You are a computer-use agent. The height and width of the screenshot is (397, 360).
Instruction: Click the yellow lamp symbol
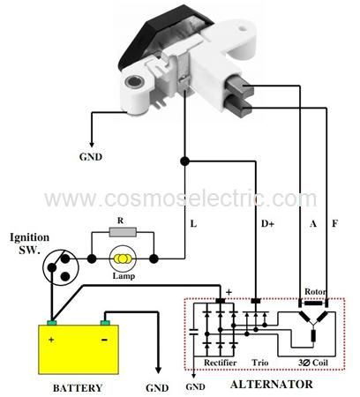coord(123,258)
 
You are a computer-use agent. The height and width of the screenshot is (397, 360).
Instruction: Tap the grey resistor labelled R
coord(123,232)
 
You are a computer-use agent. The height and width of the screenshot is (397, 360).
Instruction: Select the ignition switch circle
coord(60,266)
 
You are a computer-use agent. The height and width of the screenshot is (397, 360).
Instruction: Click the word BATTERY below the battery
coord(78,388)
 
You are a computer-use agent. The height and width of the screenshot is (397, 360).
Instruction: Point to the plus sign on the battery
coord(51,340)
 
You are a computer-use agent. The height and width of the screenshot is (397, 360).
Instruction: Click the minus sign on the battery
coord(104,340)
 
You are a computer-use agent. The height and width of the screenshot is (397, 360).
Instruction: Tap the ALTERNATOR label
coord(272,385)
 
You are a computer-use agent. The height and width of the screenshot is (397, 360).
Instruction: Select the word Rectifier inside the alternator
coord(221,363)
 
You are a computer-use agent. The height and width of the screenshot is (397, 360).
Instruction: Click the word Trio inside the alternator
coord(260,363)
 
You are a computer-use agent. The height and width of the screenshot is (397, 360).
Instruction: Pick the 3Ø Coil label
coord(313,363)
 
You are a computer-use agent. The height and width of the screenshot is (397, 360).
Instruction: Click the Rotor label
coord(315,292)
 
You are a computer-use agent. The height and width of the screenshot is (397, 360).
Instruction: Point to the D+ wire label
coord(267,224)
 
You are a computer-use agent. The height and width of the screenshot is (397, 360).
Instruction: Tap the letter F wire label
coord(334,223)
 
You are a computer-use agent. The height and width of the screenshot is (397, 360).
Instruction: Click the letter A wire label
coord(313,224)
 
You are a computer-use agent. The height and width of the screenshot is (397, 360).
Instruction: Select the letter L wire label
coord(193,224)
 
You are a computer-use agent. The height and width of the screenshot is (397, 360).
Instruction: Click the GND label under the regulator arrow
coord(91,157)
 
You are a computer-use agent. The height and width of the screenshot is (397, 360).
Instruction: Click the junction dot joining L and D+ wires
coord(184,161)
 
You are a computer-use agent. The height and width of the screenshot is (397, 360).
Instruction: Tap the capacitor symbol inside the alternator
coord(194,333)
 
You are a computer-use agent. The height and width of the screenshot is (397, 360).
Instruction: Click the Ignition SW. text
coord(29,243)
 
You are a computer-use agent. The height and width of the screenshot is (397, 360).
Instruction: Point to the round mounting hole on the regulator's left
coord(134,82)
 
